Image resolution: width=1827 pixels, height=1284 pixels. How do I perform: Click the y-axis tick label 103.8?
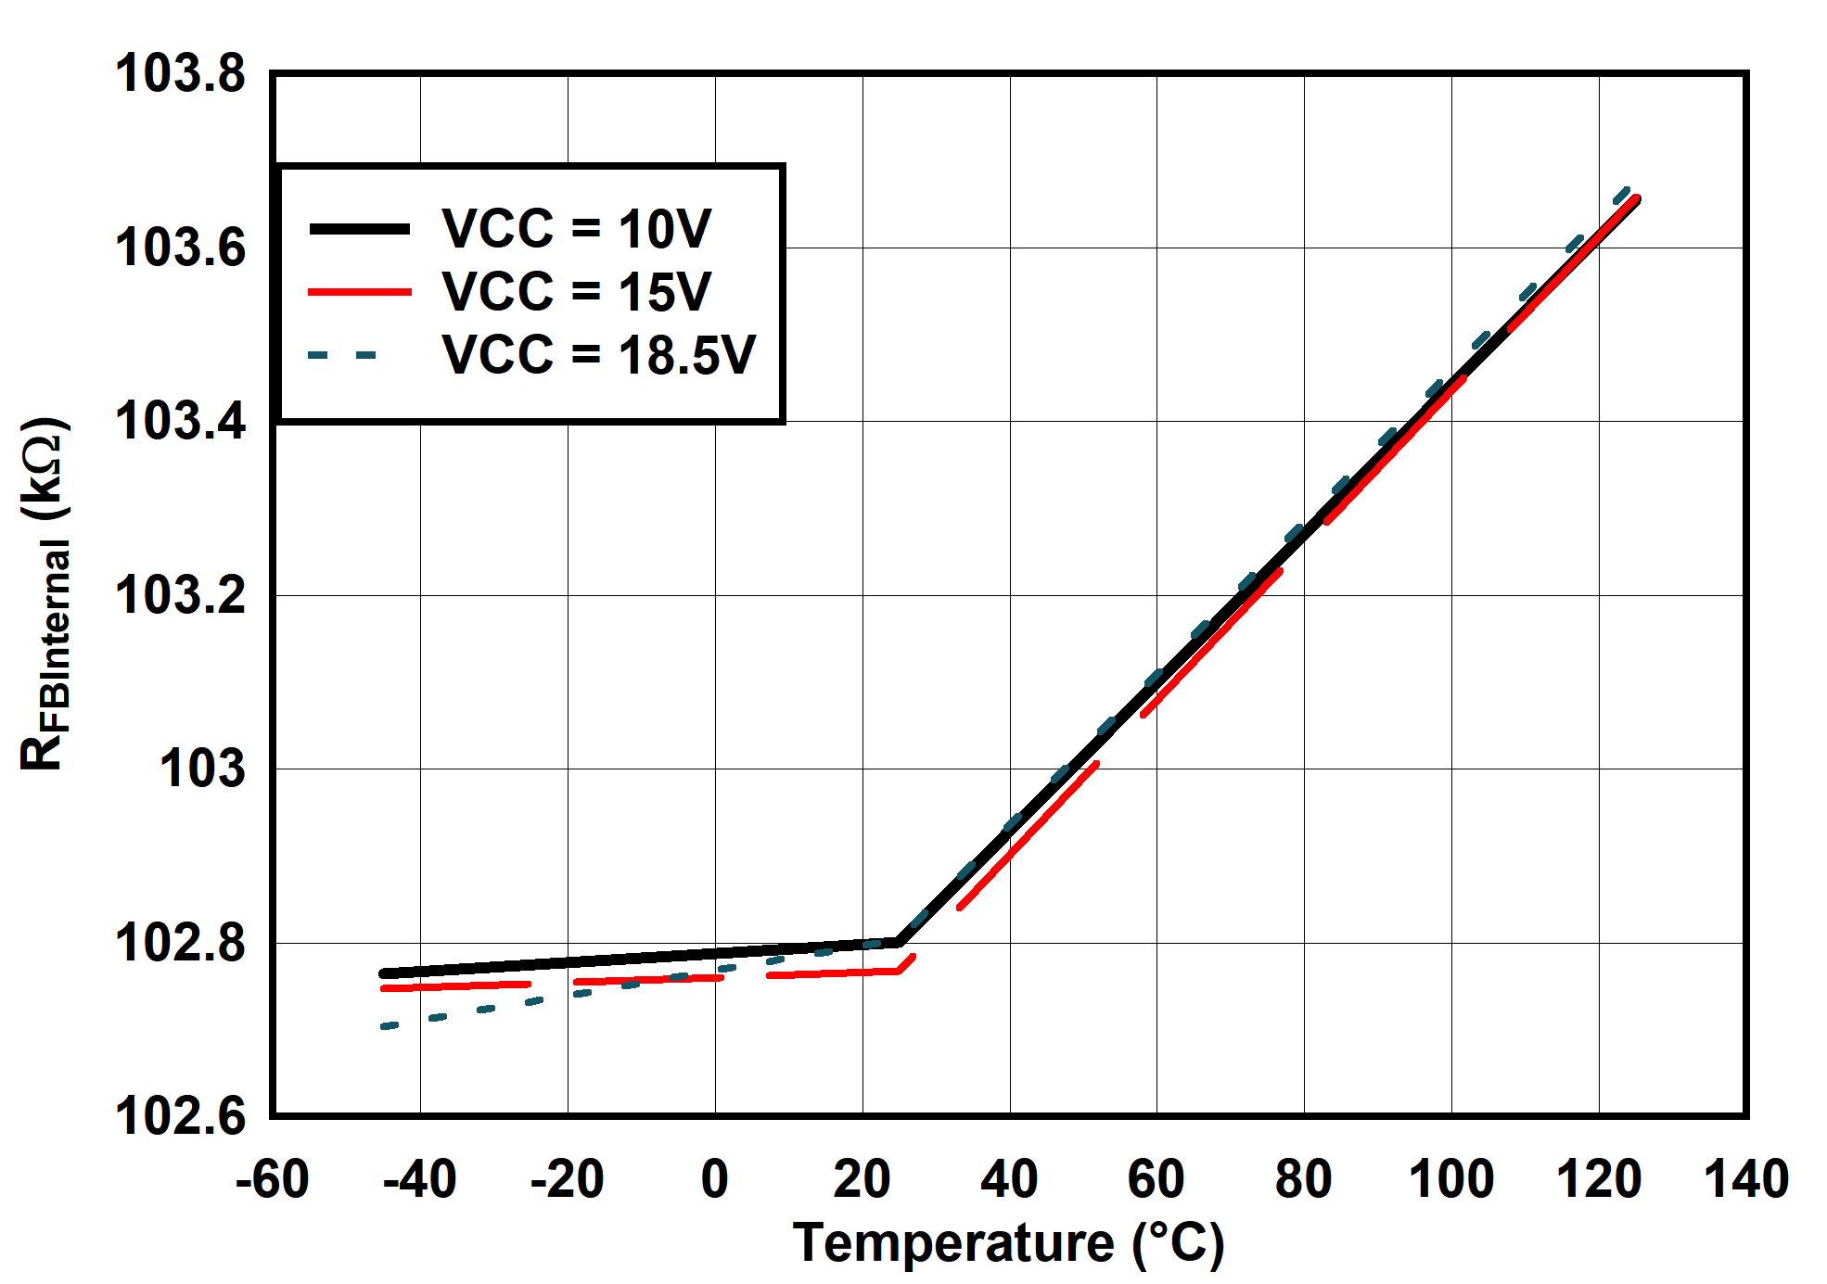click(180, 73)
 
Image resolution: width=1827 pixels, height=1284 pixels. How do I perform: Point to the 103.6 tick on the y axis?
click(180, 248)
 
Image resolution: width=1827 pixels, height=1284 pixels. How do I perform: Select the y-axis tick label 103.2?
click(180, 595)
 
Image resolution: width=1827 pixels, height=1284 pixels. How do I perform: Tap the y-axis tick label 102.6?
click(180, 1115)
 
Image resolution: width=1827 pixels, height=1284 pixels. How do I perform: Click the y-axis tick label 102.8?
click(180, 943)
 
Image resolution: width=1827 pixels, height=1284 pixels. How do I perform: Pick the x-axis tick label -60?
click(272, 1179)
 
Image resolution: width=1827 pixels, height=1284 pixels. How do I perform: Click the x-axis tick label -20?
click(567, 1179)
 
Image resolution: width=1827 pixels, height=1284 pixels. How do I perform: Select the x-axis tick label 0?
click(714, 1179)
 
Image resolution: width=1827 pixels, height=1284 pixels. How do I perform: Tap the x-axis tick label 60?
click(1156, 1179)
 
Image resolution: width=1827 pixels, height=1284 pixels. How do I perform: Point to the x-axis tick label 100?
click(1451, 1179)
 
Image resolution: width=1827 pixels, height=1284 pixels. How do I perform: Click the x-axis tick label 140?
click(1746, 1179)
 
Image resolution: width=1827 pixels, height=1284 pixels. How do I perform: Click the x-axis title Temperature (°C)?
click(1008, 1243)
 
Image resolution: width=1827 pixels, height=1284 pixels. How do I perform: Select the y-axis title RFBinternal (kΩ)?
click(45, 593)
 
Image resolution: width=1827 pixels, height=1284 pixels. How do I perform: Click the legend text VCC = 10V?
click(576, 229)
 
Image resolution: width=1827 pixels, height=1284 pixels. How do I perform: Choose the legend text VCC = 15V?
click(576, 292)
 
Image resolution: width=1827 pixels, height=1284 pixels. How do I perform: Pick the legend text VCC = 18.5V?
click(598, 355)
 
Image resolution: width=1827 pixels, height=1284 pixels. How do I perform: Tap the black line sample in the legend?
click(360, 229)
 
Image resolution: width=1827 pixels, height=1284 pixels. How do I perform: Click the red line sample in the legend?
click(360, 292)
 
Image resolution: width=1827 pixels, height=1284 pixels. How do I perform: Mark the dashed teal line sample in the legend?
click(343, 355)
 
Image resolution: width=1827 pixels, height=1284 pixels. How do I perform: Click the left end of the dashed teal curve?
click(384, 1026)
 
